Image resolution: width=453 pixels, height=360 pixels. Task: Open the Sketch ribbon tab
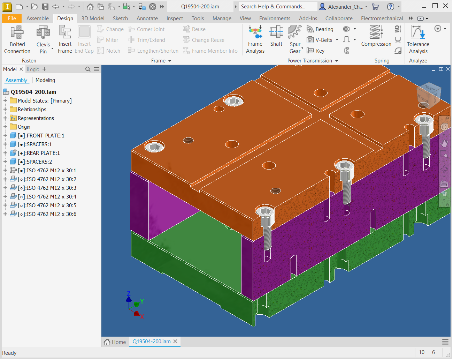(x=120, y=18)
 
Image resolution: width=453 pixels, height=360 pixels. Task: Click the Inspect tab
(x=175, y=18)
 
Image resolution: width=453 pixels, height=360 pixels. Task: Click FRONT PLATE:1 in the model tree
(x=45, y=136)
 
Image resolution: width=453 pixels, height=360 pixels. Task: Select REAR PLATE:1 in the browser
(x=43, y=153)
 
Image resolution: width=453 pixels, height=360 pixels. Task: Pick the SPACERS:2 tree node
(x=39, y=162)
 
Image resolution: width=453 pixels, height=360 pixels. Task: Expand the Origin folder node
(x=5, y=127)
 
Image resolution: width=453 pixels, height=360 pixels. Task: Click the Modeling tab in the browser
(x=45, y=80)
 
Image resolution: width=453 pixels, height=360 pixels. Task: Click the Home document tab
(x=115, y=342)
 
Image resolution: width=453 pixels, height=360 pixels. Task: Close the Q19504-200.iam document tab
(x=175, y=342)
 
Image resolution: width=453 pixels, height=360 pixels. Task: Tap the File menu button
(x=12, y=18)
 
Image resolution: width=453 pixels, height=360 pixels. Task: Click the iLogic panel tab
(x=33, y=69)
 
